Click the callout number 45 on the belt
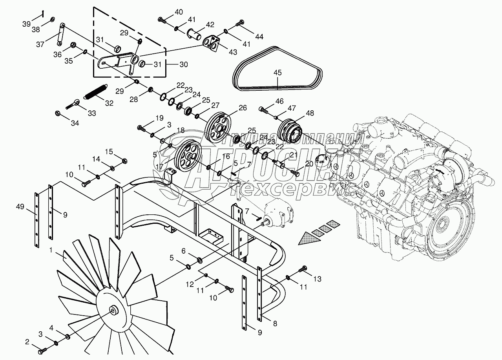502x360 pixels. point(277,73)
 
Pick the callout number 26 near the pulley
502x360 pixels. point(243,108)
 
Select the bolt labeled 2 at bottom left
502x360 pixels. point(42,347)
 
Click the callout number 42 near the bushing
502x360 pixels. point(210,24)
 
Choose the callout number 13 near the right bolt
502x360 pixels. point(317,279)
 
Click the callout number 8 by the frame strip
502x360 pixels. point(275,324)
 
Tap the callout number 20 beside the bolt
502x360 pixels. point(309,164)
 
